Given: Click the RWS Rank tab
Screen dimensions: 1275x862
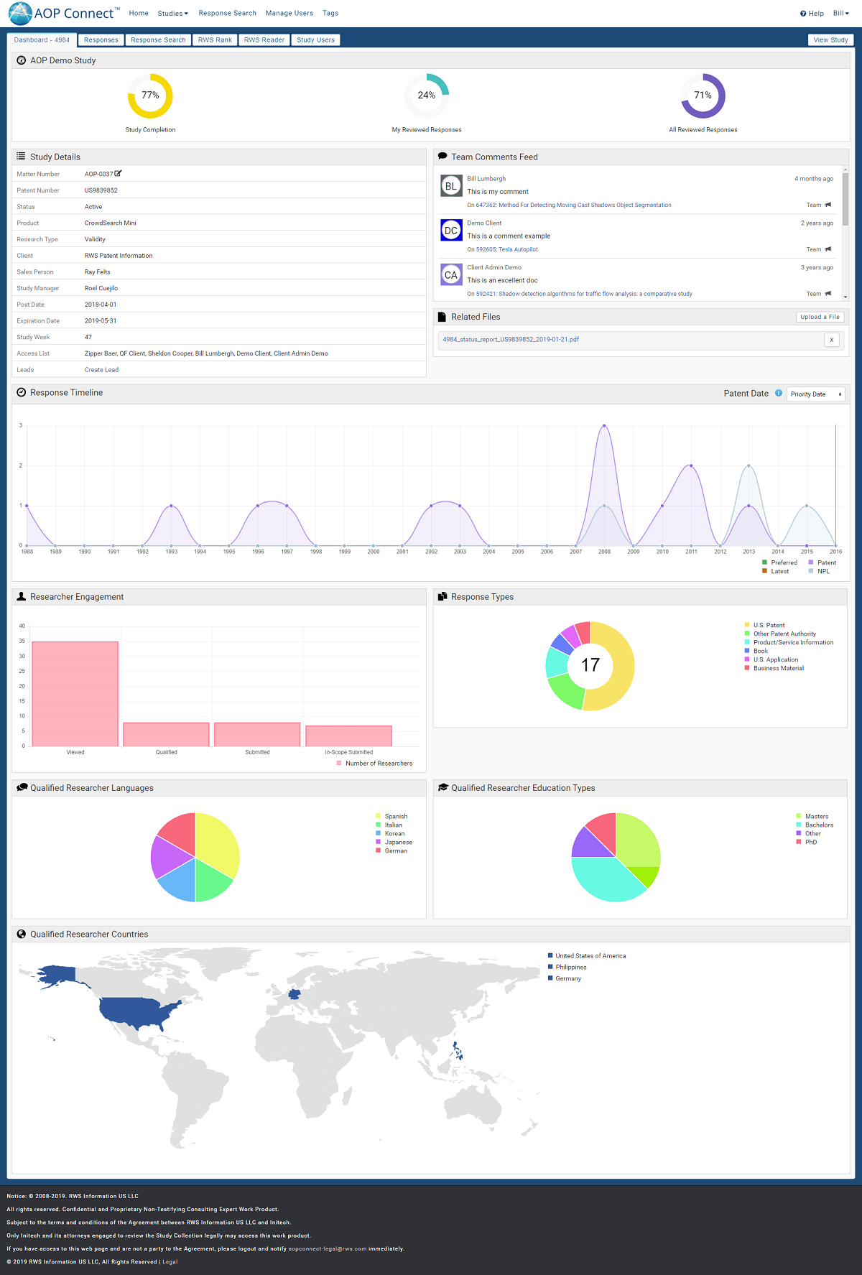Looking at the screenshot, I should click(x=215, y=40).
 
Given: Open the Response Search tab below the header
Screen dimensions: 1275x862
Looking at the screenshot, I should click(x=158, y=40).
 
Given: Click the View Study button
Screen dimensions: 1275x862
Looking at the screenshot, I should click(x=830, y=40).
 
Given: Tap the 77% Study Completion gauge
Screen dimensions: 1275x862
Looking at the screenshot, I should click(x=150, y=96).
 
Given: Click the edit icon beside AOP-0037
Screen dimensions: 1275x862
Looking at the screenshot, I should click(x=119, y=174).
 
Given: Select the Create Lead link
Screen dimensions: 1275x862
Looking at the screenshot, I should click(x=101, y=370).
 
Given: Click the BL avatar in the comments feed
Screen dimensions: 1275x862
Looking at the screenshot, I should click(x=451, y=186).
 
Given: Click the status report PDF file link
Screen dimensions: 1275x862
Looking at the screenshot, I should click(x=511, y=340).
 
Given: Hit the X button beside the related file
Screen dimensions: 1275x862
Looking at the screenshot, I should click(x=832, y=340).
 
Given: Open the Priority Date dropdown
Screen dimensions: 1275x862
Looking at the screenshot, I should click(x=816, y=394).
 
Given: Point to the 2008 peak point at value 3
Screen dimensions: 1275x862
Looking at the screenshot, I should click(x=604, y=426).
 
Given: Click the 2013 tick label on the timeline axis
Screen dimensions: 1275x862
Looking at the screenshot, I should click(x=749, y=552).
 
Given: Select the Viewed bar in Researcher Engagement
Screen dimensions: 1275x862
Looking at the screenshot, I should click(x=75, y=693).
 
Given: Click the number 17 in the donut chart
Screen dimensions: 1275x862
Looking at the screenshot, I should click(x=590, y=665).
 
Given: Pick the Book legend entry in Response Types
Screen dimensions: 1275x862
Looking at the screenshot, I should click(x=760, y=652).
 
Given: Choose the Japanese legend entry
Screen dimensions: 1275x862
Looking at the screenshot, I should click(x=398, y=843).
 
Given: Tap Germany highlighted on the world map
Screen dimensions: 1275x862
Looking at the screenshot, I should click(x=294, y=995).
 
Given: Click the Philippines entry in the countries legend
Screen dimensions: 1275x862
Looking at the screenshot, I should click(x=570, y=968).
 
